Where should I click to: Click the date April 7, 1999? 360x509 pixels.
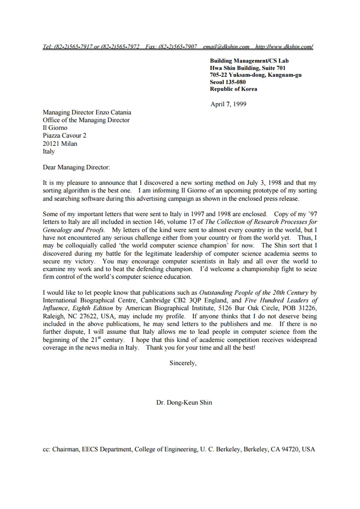[x=228, y=104]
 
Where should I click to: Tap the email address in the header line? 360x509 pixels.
[x=226, y=46]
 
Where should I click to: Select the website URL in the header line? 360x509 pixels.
[x=284, y=46]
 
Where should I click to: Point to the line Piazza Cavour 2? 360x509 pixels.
[x=64, y=136]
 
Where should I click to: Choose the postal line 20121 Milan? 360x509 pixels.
[x=60, y=144]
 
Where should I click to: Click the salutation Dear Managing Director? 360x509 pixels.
[x=76, y=167]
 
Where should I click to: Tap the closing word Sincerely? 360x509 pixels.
[x=182, y=364]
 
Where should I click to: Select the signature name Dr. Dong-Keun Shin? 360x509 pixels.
[x=184, y=402]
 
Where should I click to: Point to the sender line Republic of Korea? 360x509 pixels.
[x=234, y=89]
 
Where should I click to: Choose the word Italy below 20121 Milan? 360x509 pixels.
[x=49, y=152]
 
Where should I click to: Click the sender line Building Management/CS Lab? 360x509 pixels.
[x=249, y=61]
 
